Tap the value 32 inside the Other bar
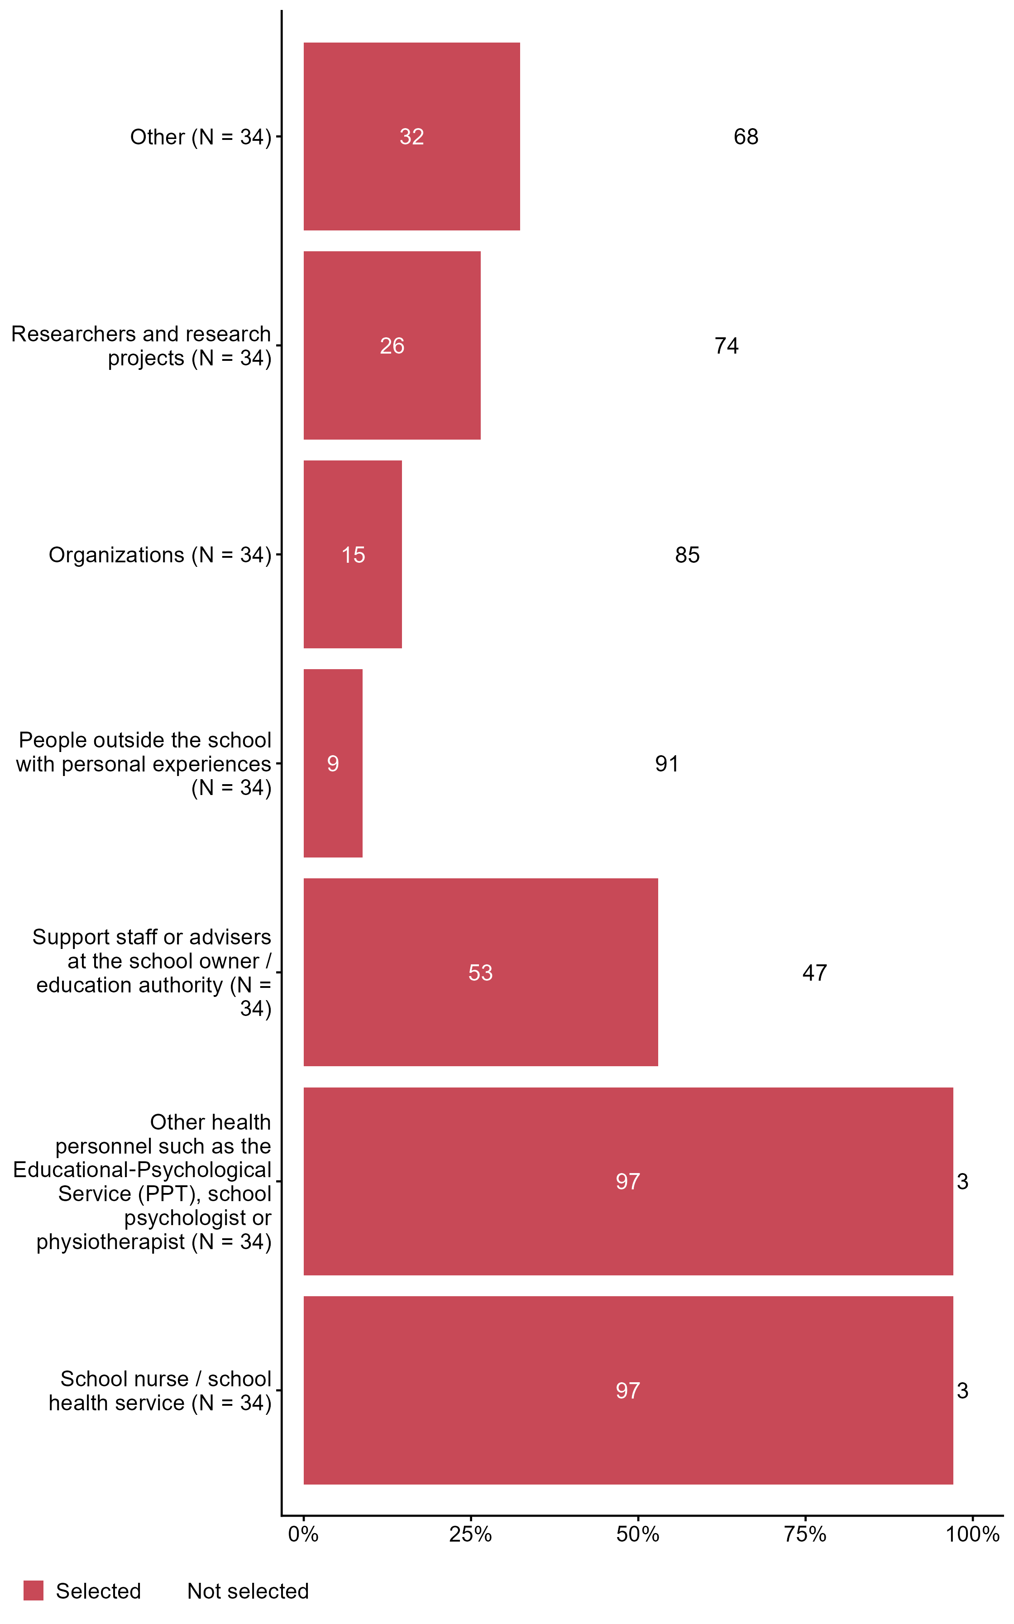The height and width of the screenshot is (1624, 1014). point(412,137)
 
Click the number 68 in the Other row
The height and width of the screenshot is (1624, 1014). point(746,137)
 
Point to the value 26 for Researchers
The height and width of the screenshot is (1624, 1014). point(392,346)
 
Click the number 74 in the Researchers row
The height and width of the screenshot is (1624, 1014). point(726,346)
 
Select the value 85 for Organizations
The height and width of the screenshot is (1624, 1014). point(688,555)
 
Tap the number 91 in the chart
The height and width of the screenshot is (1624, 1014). point(667,764)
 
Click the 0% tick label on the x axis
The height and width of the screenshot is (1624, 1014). point(303,1534)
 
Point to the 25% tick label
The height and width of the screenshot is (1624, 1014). point(470,1534)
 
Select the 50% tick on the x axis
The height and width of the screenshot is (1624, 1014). point(638,1534)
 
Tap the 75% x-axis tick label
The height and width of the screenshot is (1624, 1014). point(805,1534)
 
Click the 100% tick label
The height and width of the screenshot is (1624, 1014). point(972,1534)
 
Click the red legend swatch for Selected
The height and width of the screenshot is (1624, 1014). point(33,1591)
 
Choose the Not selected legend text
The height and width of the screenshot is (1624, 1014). point(248,1591)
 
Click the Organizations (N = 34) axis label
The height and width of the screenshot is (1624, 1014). point(160,555)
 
